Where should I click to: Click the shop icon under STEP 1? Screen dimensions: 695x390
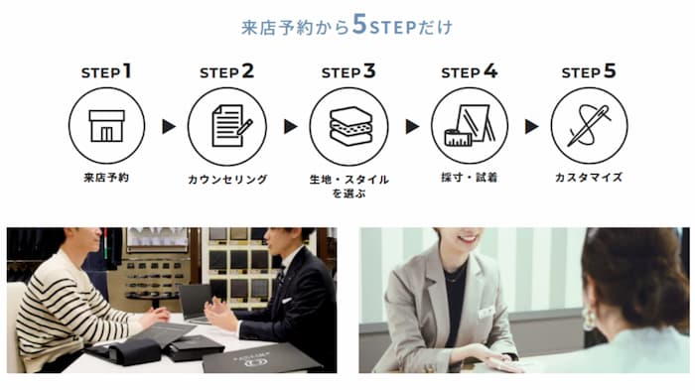[x=106, y=126]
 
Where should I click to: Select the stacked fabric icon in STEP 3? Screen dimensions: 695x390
[x=350, y=126]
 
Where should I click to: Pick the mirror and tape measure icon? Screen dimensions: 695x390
[x=470, y=125]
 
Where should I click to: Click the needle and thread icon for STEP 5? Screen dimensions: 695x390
[x=589, y=126]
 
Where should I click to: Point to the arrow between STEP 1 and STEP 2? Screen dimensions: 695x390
[x=169, y=127]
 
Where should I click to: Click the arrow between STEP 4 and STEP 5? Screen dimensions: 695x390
[x=531, y=127]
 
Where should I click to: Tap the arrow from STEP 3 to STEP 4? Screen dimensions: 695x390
[x=412, y=127]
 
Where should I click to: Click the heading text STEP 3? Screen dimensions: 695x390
[x=348, y=71]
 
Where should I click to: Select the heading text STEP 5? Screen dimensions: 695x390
[x=589, y=71]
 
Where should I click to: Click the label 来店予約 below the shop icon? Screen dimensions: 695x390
[x=106, y=178]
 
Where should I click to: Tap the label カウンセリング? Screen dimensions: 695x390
[x=227, y=179]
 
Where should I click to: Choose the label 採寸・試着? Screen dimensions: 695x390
[x=469, y=178]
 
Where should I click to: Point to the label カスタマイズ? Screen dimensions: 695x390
[x=589, y=178]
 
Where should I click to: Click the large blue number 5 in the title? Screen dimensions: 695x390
[x=359, y=25]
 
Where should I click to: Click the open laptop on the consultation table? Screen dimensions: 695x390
[x=196, y=305]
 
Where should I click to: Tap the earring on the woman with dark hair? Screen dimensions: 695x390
[x=590, y=319]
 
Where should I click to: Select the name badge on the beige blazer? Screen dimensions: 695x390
[x=486, y=312]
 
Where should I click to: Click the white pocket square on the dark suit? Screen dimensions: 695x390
[x=287, y=301]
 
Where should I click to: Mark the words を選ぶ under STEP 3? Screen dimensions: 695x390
[x=348, y=194]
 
